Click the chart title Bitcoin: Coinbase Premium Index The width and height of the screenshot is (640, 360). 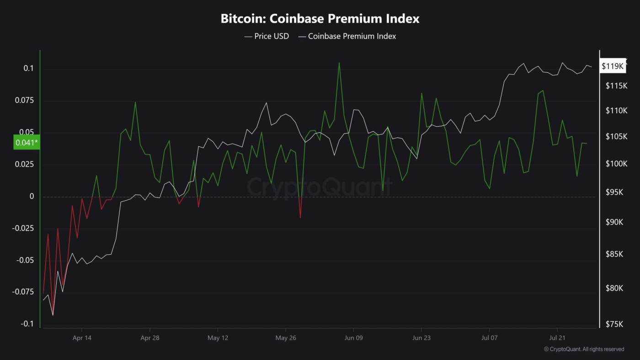coord(320,19)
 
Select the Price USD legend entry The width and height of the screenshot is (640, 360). coord(267,36)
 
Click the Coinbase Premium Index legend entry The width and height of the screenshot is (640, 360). coord(347,36)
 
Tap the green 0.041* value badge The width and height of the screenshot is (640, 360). coord(27,143)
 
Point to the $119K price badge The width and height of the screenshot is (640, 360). coord(613,66)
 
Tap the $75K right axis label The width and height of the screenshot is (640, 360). coord(614,324)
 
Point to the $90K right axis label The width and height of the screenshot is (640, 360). coord(614,222)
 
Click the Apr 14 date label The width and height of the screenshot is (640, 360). coord(82,338)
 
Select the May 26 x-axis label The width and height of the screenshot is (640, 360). coord(286,338)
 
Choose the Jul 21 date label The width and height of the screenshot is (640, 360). coord(557,338)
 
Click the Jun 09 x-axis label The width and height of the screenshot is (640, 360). coord(353,338)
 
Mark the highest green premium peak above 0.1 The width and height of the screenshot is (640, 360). coord(339,63)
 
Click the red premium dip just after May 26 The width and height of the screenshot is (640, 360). coord(300,217)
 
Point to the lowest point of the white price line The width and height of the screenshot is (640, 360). coord(53,315)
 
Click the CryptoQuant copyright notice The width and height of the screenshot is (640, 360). coord(584,349)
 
